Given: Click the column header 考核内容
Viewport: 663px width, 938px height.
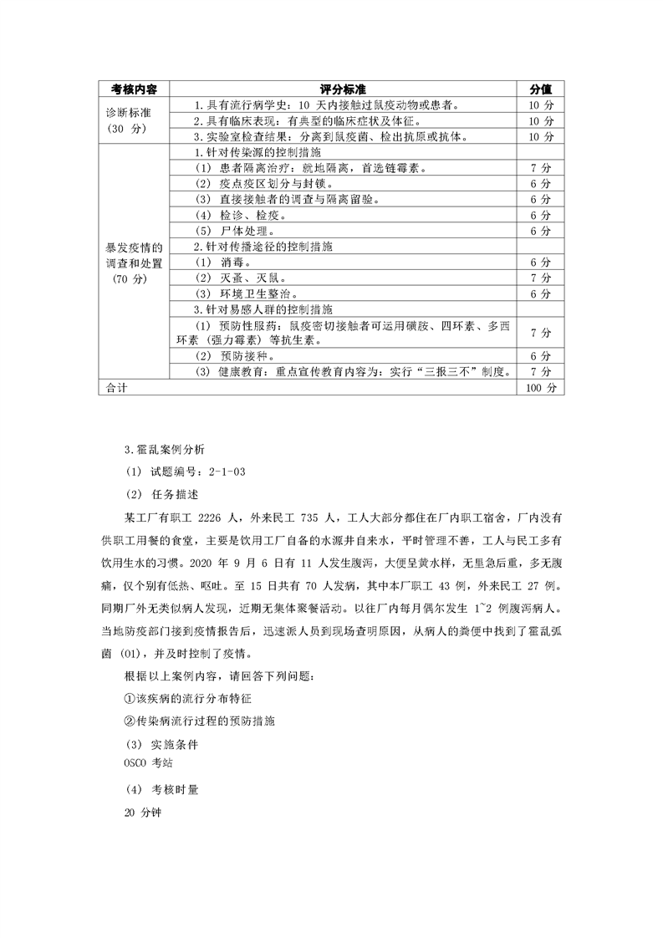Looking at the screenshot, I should pos(134,89).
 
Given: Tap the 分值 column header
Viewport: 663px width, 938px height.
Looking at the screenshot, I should pos(540,89).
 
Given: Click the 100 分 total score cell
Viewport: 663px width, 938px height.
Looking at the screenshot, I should pos(540,388).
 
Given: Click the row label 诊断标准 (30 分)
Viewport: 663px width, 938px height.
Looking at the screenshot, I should pos(127,121).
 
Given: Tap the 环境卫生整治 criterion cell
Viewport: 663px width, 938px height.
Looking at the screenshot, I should pos(247,293).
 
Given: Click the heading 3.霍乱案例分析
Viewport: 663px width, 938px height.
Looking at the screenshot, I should pos(163,450).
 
